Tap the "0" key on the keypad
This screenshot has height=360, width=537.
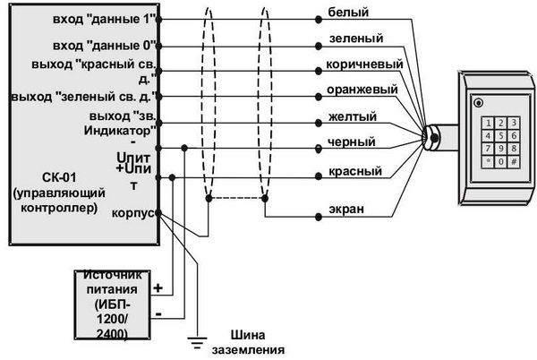coord(500,162)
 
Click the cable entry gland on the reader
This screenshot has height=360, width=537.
coord(432,137)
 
